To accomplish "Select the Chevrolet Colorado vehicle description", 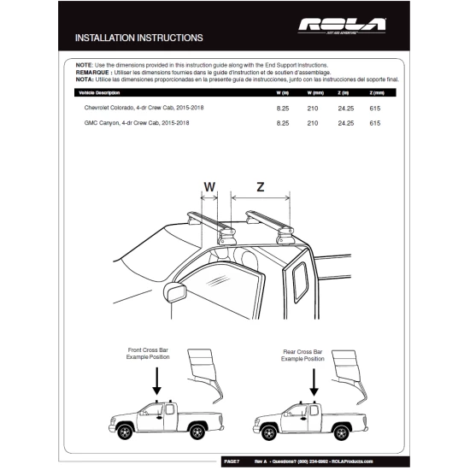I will click(x=144, y=109).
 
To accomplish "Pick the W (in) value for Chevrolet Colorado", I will click(x=283, y=109).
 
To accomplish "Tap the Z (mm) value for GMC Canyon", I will click(x=374, y=123).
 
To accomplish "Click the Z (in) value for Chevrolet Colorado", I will click(x=345, y=109).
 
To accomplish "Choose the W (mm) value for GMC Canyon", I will click(x=313, y=123).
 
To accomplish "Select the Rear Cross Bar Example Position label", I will click(x=306, y=355).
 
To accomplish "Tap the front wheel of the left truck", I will click(x=126, y=429).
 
